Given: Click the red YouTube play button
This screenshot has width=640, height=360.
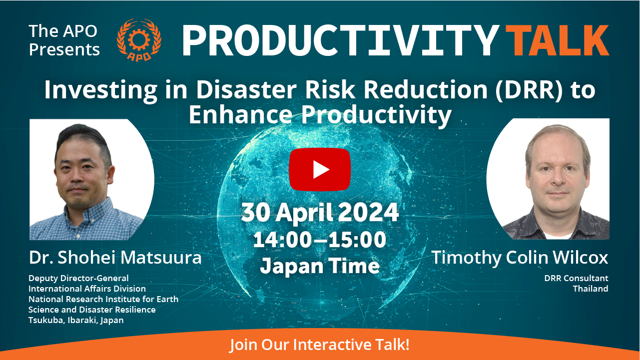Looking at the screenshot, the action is pyautogui.click(x=320, y=169).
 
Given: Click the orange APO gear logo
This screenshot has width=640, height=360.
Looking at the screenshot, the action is pyautogui.click(x=139, y=40).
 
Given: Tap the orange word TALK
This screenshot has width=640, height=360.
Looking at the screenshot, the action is pyautogui.click(x=557, y=40).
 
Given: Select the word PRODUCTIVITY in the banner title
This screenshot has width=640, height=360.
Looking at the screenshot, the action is pyautogui.click(x=341, y=40).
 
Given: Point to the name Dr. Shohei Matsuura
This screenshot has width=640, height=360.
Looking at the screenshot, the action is pyautogui.click(x=115, y=258).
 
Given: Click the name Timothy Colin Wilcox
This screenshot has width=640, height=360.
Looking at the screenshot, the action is pyautogui.click(x=520, y=258).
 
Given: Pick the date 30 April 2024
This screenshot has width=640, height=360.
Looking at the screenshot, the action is pyautogui.click(x=320, y=212).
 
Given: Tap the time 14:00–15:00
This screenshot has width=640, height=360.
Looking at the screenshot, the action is pyautogui.click(x=320, y=239).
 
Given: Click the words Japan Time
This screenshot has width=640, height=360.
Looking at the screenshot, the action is pyautogui.click(x=320, y=266).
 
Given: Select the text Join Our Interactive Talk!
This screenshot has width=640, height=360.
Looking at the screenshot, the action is pyautogui.click(x=320, y=345).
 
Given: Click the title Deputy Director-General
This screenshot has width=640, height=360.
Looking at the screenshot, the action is pyautogui.click(x=78, y=278).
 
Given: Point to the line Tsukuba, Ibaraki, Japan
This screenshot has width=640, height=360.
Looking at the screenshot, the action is pyautogui.click(x=76, y=321).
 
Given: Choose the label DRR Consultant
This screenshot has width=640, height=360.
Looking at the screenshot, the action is pyautogui.click(x=576, y=278).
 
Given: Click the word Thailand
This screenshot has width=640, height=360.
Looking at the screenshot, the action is pyautogui.click(x=590, y=289).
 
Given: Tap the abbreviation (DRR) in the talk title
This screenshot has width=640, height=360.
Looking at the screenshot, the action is pyautogui.click(x=529, y=90).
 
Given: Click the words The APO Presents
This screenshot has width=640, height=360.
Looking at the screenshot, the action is pyautogui.click(x=64, y=40).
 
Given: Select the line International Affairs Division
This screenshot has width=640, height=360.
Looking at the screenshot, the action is pyautogui.click(x=87, y=289).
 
